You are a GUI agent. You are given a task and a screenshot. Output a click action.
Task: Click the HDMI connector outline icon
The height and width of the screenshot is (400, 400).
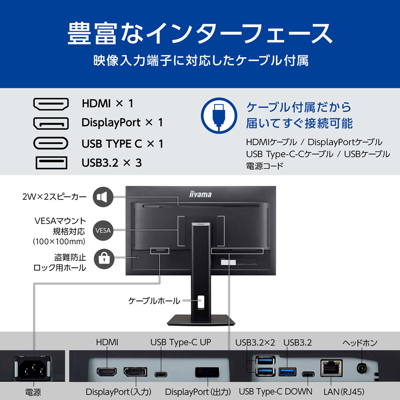(x=51, y=104)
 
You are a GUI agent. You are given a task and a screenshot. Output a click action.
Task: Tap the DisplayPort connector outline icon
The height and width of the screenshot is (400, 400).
(x=51, y=124)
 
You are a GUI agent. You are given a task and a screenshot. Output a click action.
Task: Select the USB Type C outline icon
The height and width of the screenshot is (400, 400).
(x=51, y=143)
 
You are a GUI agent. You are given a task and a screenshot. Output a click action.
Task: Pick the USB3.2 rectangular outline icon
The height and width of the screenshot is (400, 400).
(x=51, y=163)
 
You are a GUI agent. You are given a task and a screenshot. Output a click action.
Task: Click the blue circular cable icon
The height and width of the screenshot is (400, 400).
(x=219, y=116)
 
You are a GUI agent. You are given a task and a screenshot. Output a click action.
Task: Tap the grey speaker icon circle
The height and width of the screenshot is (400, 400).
(x=103, y=197)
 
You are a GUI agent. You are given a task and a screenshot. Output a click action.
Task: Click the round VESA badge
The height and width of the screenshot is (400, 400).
(x=103, y=230)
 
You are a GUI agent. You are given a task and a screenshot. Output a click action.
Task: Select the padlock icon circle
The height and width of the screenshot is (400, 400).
(x=104, y=259)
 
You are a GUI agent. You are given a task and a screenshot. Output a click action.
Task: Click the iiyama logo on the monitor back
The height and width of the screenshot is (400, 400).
(x=200, y=194)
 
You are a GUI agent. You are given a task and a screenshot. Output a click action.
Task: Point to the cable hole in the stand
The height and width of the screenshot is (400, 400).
(x=201, y=303)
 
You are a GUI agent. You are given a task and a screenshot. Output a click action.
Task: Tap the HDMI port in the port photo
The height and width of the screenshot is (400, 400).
(x=107, y=372)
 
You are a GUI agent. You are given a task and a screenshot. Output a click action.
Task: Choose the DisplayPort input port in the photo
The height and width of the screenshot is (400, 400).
(x=136, y=372)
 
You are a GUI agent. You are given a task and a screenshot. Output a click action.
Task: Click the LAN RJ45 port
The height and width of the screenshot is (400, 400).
(x=331, y=368)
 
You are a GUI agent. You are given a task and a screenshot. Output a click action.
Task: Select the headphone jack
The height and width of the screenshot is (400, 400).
(x=362, y=368)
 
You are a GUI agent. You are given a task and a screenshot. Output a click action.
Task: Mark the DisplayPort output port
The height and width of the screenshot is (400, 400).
(x=207, y=372)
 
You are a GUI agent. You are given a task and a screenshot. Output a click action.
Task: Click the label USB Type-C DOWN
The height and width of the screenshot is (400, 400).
(x=276, y=392)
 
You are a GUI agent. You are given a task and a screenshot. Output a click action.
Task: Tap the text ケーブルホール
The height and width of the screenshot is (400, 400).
(x=154, y=301)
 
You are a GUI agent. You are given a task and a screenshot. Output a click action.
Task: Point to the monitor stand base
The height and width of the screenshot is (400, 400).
(x=201, y=320)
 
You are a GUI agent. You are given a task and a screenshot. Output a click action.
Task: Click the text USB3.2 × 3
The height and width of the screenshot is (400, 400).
(x=112, y=163)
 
